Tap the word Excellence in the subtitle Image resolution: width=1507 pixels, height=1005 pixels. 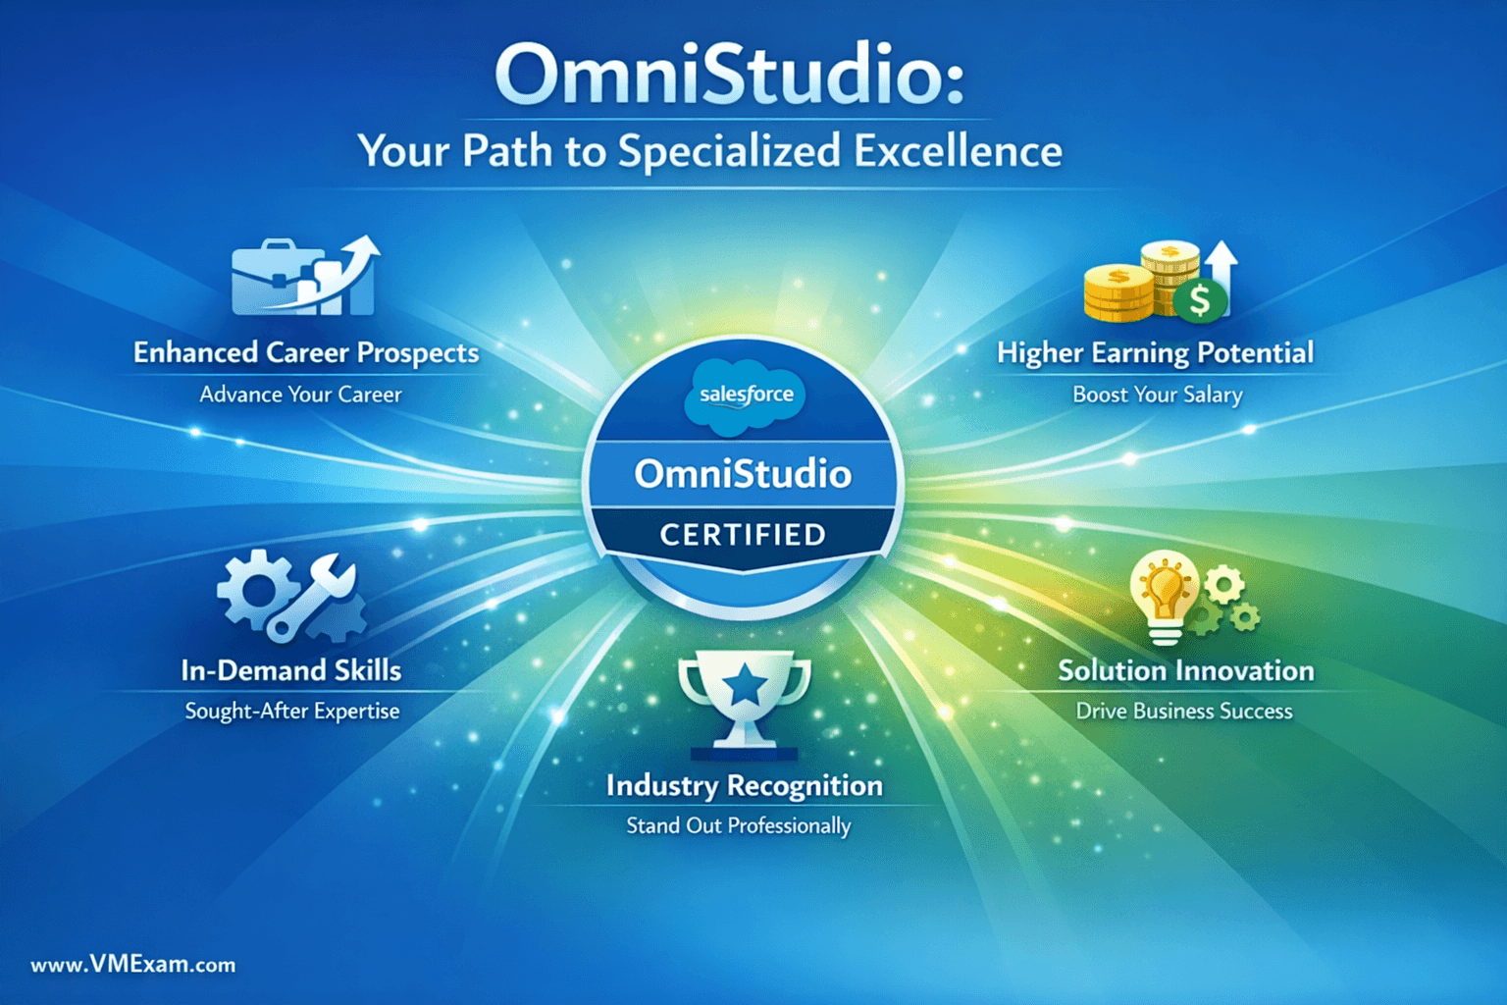click(958, 150)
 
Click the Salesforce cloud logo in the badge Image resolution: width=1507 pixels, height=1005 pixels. click(746, 396)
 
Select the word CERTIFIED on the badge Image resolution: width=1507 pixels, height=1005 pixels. click(743, 535)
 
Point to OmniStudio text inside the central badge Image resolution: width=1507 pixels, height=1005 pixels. click(743, 474)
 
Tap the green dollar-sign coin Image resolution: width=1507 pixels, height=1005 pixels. click(1200, 300)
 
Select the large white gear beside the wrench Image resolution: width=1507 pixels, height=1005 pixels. click(254, 588)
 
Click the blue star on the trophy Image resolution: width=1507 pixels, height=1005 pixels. click(745, 684)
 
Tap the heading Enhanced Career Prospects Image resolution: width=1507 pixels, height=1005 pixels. click(306, 352)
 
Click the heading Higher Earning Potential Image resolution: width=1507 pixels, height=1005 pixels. click(1155, 352)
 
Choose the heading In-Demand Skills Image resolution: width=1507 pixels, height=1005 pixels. click(291, 670)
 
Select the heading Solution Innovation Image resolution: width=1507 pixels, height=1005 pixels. click(1186, 670)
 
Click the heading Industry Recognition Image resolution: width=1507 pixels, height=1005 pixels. click(745, 785)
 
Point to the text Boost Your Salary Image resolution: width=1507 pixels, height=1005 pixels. click(1158, 395)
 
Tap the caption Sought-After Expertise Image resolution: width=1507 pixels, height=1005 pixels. click(292, 711)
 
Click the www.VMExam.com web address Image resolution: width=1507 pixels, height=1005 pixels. click(133, 965)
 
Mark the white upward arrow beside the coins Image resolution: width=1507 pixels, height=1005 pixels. click(1221, 276)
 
